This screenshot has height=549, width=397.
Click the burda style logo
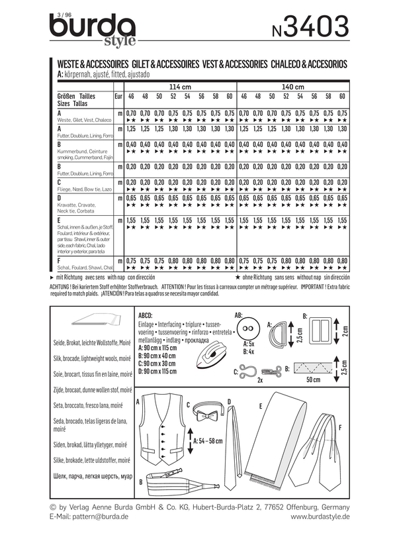click(x=93, y=30)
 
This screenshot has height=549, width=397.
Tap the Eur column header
click(x=118, y=97)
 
